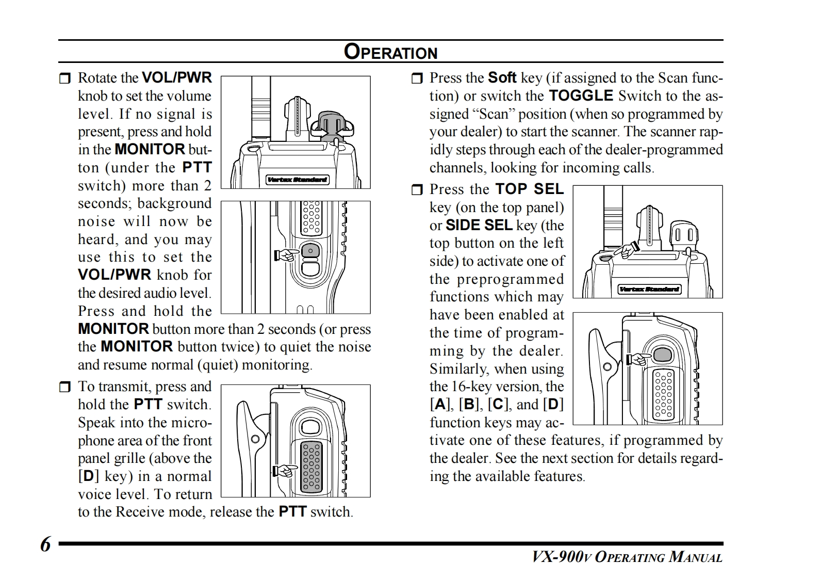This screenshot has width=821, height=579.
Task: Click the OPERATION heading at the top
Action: pos(390,52)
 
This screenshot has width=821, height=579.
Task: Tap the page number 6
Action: pos(45,544)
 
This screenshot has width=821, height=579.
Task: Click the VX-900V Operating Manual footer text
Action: pos(627,557)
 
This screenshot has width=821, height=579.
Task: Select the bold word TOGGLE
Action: pos(581,96)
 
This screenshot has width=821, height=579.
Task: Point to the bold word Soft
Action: pos(502,78)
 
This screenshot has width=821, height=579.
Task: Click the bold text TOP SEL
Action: pos(530,189)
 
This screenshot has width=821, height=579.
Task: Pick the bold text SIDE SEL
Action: pos(479,226)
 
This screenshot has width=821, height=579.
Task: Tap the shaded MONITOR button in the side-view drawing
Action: pos(310,251)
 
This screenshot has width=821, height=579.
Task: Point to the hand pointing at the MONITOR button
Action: pos(287,254)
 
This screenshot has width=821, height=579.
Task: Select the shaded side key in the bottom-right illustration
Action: pos(663,355)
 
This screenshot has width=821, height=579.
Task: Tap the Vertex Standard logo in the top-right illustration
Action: pos(649,289)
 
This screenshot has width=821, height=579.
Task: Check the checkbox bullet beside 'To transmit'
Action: pos(64,388)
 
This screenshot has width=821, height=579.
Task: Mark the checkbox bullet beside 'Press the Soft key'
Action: pos(416,79)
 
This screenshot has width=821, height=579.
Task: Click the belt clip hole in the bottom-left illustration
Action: pos(255,439)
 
